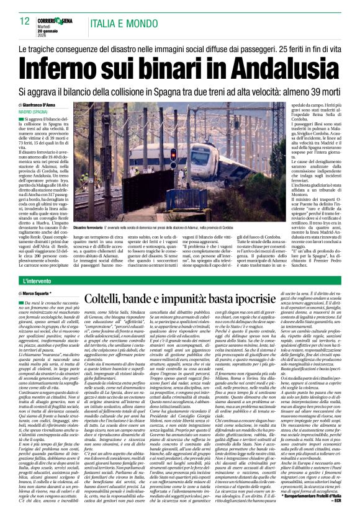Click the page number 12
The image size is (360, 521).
click(x=25, y=21)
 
